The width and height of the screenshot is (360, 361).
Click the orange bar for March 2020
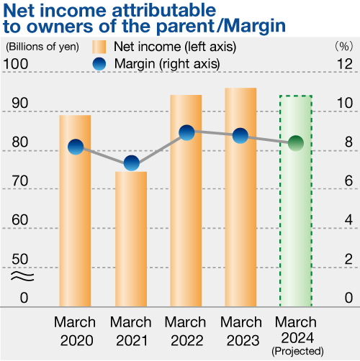75,211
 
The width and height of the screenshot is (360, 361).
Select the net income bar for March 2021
131,239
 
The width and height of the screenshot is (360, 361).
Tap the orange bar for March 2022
186,201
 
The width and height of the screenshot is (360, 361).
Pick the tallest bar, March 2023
240,197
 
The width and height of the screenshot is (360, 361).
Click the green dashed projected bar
296,201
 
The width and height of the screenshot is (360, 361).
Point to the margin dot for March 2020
76,147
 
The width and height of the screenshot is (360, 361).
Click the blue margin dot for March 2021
132,163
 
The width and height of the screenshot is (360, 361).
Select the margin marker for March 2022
186,133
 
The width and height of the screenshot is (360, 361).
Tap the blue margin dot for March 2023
240,136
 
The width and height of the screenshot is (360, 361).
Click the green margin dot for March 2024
296,143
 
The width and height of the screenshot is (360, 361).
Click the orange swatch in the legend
99,47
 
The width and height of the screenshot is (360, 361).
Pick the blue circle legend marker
99,64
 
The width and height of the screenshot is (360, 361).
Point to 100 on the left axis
16,64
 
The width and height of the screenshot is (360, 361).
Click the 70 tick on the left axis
19,180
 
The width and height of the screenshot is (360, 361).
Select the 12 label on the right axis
345,64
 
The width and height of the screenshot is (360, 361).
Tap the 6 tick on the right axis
348,180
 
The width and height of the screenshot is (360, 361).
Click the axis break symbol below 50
22,276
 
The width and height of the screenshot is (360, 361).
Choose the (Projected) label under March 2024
297,351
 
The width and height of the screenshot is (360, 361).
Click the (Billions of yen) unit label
42,47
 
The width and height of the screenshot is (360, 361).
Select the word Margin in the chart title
256,27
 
